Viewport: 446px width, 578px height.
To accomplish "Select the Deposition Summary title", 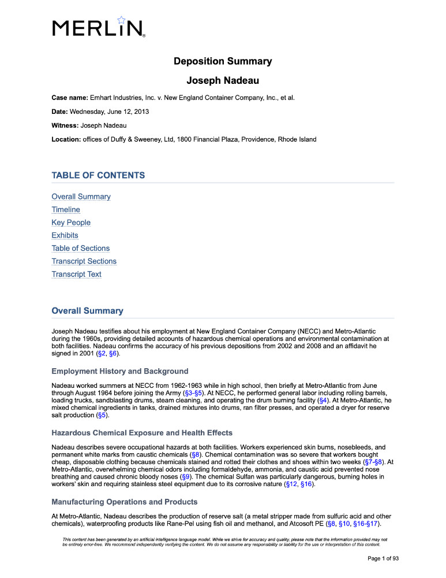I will coord(223,61).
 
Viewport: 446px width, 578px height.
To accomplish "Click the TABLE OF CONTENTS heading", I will coord(98,175).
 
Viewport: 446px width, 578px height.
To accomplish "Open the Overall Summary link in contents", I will coord(81,197).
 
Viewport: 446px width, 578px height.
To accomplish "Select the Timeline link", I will coord(66,209).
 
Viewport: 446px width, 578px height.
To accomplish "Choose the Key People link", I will coord(71,223).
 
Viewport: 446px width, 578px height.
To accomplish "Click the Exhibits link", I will coord(65,235).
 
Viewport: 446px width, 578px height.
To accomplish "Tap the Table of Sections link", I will coord(80,248).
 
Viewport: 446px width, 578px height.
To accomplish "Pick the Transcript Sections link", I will coord(84,261).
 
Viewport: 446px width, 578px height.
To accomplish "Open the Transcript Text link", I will coord(76,274).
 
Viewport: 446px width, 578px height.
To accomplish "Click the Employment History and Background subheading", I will coord(119,370).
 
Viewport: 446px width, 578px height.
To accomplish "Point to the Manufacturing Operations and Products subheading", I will coord(125,501).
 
